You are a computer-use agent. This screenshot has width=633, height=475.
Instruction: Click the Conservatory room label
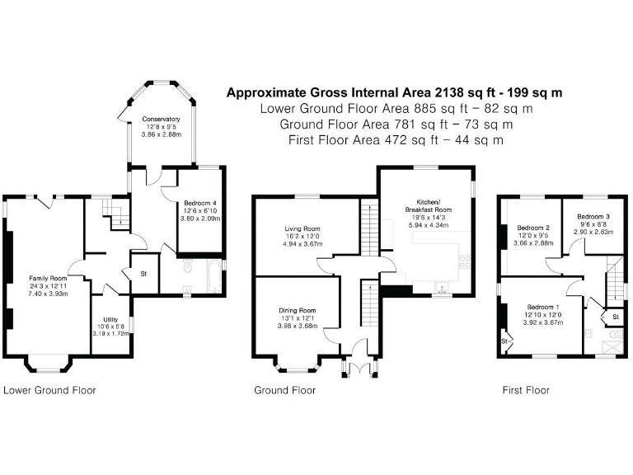[x=161, y=119]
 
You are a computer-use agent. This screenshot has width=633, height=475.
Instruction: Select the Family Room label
[x=48, y=278]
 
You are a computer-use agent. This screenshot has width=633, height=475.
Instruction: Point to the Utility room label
[x=110, y=319]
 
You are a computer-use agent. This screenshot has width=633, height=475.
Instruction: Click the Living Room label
[x=302, y=228]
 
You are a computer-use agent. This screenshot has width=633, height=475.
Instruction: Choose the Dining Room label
[x=298, y=311]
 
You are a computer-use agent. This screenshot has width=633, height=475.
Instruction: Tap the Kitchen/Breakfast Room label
[x=429, y=205]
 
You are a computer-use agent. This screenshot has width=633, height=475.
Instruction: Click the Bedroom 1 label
[x=543, y=307]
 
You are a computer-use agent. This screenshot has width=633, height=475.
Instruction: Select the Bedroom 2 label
[x=533, y=228]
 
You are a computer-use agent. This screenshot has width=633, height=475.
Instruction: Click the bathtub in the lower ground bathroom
[x=213, y=276]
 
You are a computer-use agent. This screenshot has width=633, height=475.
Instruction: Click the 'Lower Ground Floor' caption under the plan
[x=49, y=390]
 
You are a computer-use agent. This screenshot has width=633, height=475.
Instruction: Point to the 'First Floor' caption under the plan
[x=526, y=390]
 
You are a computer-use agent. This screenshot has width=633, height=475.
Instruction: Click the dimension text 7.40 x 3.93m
[x=48, y=294]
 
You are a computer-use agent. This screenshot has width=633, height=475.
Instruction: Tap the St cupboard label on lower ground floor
[x=143, y=274]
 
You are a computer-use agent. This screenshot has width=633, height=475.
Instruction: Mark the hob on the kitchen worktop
[x=465, y=261]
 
